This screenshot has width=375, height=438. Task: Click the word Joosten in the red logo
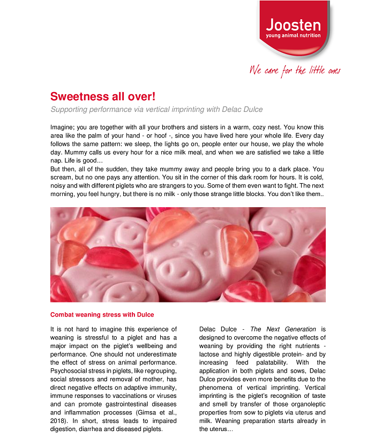click(x=293, y=25)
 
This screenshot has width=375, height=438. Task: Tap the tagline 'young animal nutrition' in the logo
click(x=293, y=36)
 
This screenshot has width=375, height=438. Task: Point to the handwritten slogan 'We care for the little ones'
click(x=295, y=70)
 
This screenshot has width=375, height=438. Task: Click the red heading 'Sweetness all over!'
click(x=103, y=96)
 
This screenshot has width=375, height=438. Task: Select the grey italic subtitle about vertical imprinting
click(x=156, y=110)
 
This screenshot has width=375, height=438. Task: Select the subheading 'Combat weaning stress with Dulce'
click(x=102, y=314)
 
